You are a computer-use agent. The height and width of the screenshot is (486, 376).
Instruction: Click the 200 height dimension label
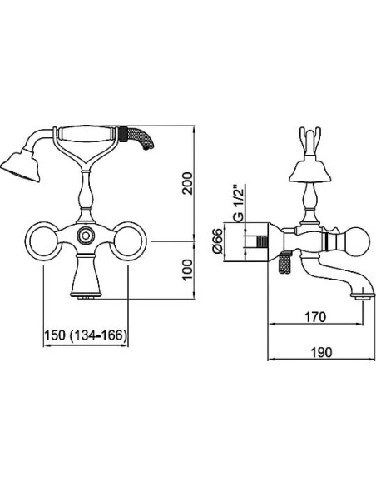tap(188, 183)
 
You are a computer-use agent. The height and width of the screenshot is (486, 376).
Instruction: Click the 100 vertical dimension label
tap(188, 270)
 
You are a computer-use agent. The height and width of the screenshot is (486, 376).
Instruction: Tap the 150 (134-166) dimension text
tap(86, 335)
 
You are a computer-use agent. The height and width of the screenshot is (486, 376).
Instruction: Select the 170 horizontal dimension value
tap(315, 317)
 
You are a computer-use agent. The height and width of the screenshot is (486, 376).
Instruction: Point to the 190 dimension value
tap(321, 352)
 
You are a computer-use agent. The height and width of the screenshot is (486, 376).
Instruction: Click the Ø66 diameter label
tap(218, 241)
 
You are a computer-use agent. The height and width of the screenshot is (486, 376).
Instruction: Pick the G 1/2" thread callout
tap(239, 203)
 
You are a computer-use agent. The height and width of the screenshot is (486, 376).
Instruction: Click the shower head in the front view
tap(21, 166)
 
